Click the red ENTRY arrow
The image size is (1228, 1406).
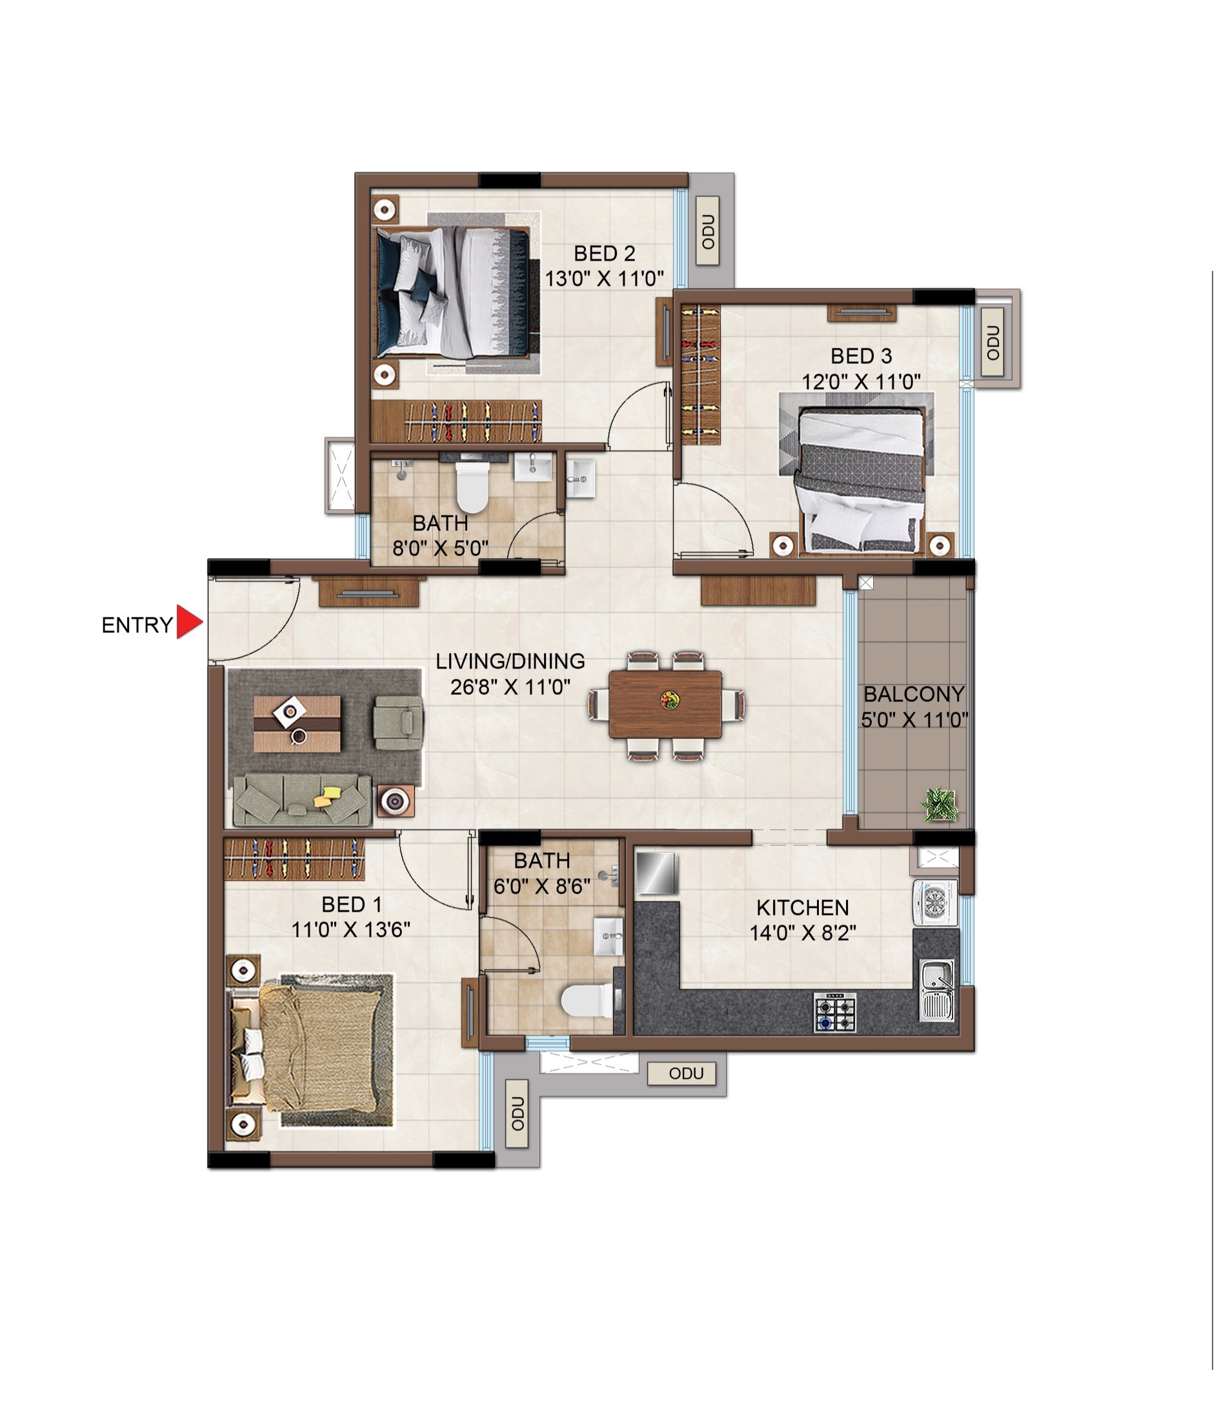pos(188,622)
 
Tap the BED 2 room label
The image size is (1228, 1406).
pos(605,254)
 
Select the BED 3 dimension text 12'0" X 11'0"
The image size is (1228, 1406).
pos(861,381)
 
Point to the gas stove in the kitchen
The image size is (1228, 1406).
pos(836,1012)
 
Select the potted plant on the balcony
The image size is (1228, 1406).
pos(940,805)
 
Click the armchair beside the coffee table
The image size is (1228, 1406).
pos(398,722)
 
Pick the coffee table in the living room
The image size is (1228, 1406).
pos(297,724)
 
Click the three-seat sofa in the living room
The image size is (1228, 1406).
pos(302,800)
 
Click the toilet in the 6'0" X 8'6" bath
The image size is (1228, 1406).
pos(587,1001)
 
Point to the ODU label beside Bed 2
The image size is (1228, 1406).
pos(709,232)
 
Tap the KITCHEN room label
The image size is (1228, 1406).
pos(803,908)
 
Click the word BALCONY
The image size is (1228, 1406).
pos(914,694)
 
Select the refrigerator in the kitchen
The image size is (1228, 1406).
pos(657,873)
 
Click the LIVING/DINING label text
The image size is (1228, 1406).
pos(510,661)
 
